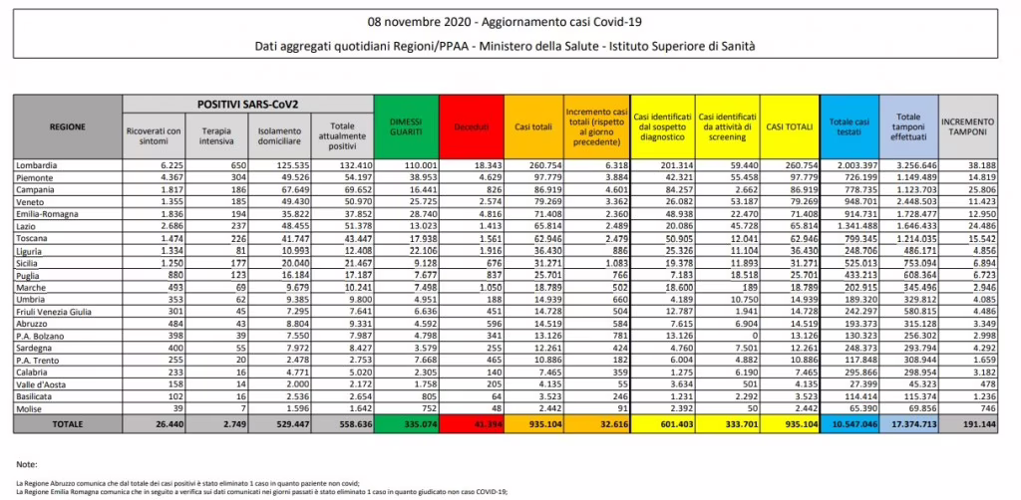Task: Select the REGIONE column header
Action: pos(67,127)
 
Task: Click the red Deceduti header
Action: pos(468,127)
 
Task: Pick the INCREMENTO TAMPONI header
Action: pos(968,126)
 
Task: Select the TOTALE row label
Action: pos(67,422)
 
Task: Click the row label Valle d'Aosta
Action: pos(41,383)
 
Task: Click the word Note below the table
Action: pos(28,464)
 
